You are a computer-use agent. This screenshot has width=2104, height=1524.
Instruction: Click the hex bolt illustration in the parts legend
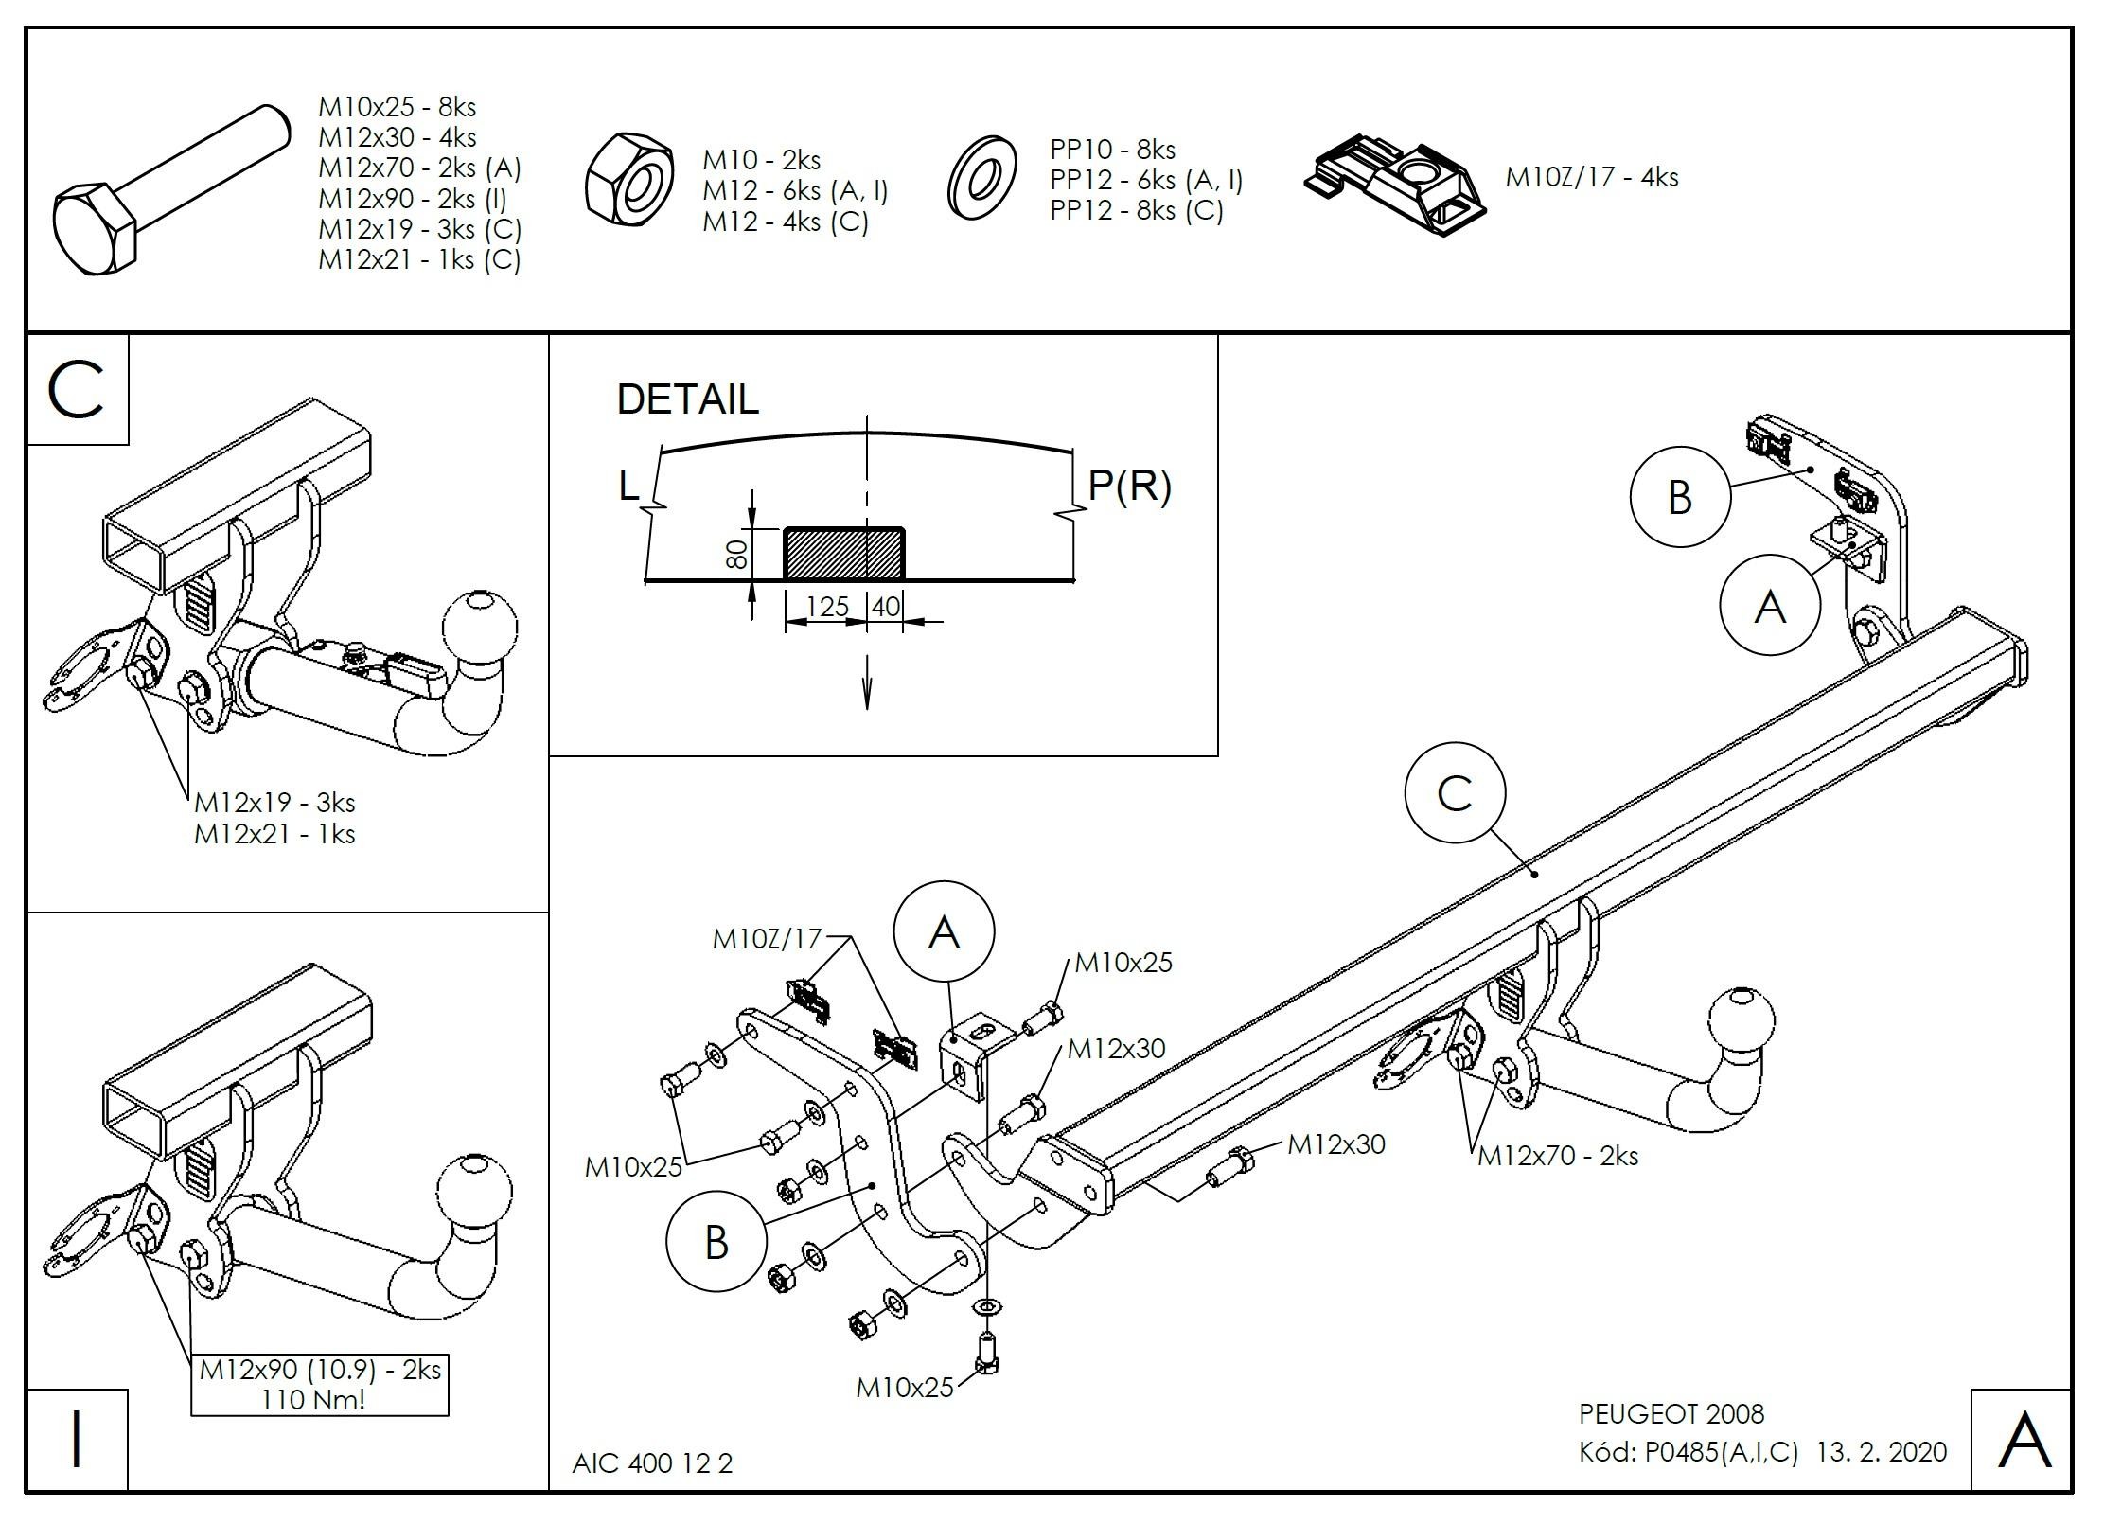pos(170,189)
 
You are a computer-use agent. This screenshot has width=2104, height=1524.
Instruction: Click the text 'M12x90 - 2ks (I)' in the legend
pos(412,199)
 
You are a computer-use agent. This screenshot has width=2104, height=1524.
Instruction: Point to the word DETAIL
pos(687,399)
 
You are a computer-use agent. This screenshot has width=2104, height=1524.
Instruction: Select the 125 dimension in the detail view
pos(827,607)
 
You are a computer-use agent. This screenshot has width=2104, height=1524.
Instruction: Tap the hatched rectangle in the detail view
pos(842,554)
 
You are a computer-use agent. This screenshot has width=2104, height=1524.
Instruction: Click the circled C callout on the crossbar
pos(1454,792)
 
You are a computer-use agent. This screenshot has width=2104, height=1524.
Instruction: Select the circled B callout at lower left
pos(716,1242)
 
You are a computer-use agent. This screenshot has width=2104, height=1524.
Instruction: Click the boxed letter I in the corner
pos(77,1440)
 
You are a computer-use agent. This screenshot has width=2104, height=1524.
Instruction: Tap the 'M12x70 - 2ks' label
pos(1558,1156)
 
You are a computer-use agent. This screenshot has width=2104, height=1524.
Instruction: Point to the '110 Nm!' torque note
pos(313,1399)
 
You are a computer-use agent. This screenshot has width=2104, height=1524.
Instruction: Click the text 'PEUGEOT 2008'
pos(1671,1414)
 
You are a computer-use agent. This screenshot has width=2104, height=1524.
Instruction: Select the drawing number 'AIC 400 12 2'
pos(652,1463)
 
